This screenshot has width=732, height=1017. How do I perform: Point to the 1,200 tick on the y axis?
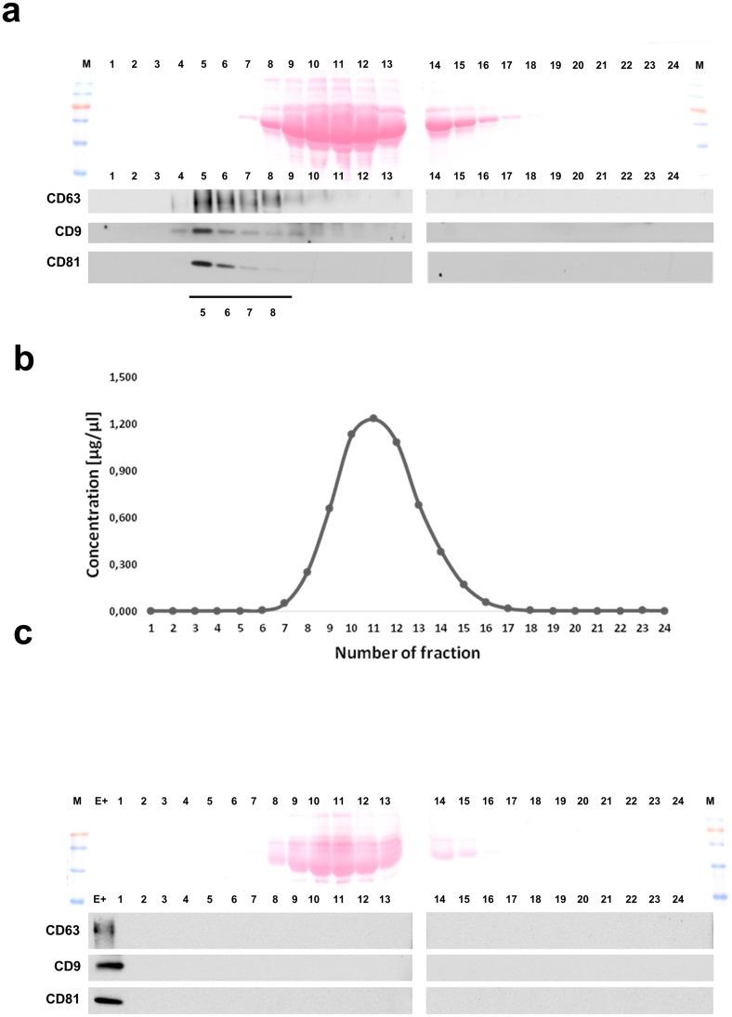click(123, 424)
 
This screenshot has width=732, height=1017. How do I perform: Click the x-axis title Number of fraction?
click(409, 653)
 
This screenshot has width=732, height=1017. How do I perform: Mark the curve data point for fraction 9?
click(329, 508)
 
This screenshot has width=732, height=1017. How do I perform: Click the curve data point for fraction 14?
click(441, 552)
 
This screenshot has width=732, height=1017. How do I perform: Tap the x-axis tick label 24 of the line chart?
click(665, 629)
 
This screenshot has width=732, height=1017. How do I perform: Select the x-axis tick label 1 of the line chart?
click(150, 629)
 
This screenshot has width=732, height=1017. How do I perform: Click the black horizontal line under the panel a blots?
click(240, 297)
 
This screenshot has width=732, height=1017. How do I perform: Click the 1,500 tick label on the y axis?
click(123, 377)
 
